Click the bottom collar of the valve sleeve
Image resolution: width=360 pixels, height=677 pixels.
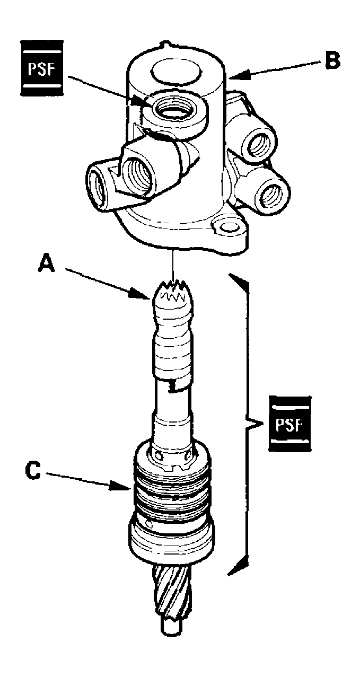click(x=172, y=541)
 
